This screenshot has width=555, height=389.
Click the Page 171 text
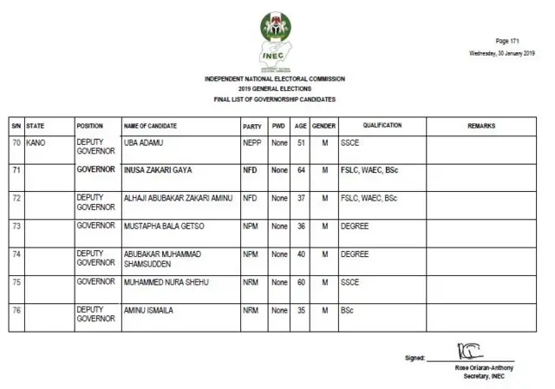(507, 42)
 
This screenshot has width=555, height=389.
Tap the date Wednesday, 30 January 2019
(501, 53)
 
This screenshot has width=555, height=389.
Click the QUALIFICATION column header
(382, 126)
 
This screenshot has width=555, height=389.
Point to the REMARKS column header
(481, 126)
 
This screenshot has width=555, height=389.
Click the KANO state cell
(37, 141)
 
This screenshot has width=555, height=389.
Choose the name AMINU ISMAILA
(150, 310)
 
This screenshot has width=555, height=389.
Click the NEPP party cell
(252, 141)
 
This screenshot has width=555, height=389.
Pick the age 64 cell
(300, 170)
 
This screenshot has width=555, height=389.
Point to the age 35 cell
(300, 310)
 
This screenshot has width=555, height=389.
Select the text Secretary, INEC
(484, 374)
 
